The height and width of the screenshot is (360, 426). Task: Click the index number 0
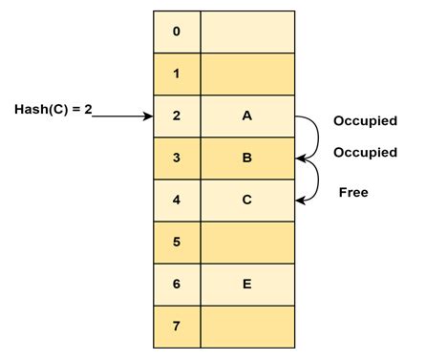tap(176, 32)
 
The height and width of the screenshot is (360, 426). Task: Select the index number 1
tap(176, 74)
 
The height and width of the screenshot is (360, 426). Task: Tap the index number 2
tap(176, 116)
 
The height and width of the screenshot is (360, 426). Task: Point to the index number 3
tap(176, 158)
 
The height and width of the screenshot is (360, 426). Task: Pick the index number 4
tap(176, 200)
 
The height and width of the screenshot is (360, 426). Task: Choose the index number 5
tap(176, 242)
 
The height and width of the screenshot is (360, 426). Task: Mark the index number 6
tap(176, 284)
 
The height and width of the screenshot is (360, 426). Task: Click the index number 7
tap(176, 327)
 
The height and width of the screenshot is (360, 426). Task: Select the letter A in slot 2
tap(246, 116)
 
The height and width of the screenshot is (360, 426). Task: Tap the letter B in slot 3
tap(246, 158)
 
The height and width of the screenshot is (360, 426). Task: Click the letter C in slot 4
tap(246, 200)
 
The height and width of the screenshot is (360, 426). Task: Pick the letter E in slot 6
tap(246, 284)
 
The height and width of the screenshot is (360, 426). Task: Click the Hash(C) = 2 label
tap(53, 109)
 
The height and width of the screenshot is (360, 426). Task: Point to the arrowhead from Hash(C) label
tap(148, 116)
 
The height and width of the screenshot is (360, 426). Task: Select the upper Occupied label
tap(364, 121)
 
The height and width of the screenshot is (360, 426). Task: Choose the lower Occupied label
tap(364, 153)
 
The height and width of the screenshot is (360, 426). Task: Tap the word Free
tap(352, 192)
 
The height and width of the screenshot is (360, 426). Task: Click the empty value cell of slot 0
tap(246, 32)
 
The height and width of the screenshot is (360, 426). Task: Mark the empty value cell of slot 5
tap(246, 242)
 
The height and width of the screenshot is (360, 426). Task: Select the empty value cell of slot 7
tap(246, 327)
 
